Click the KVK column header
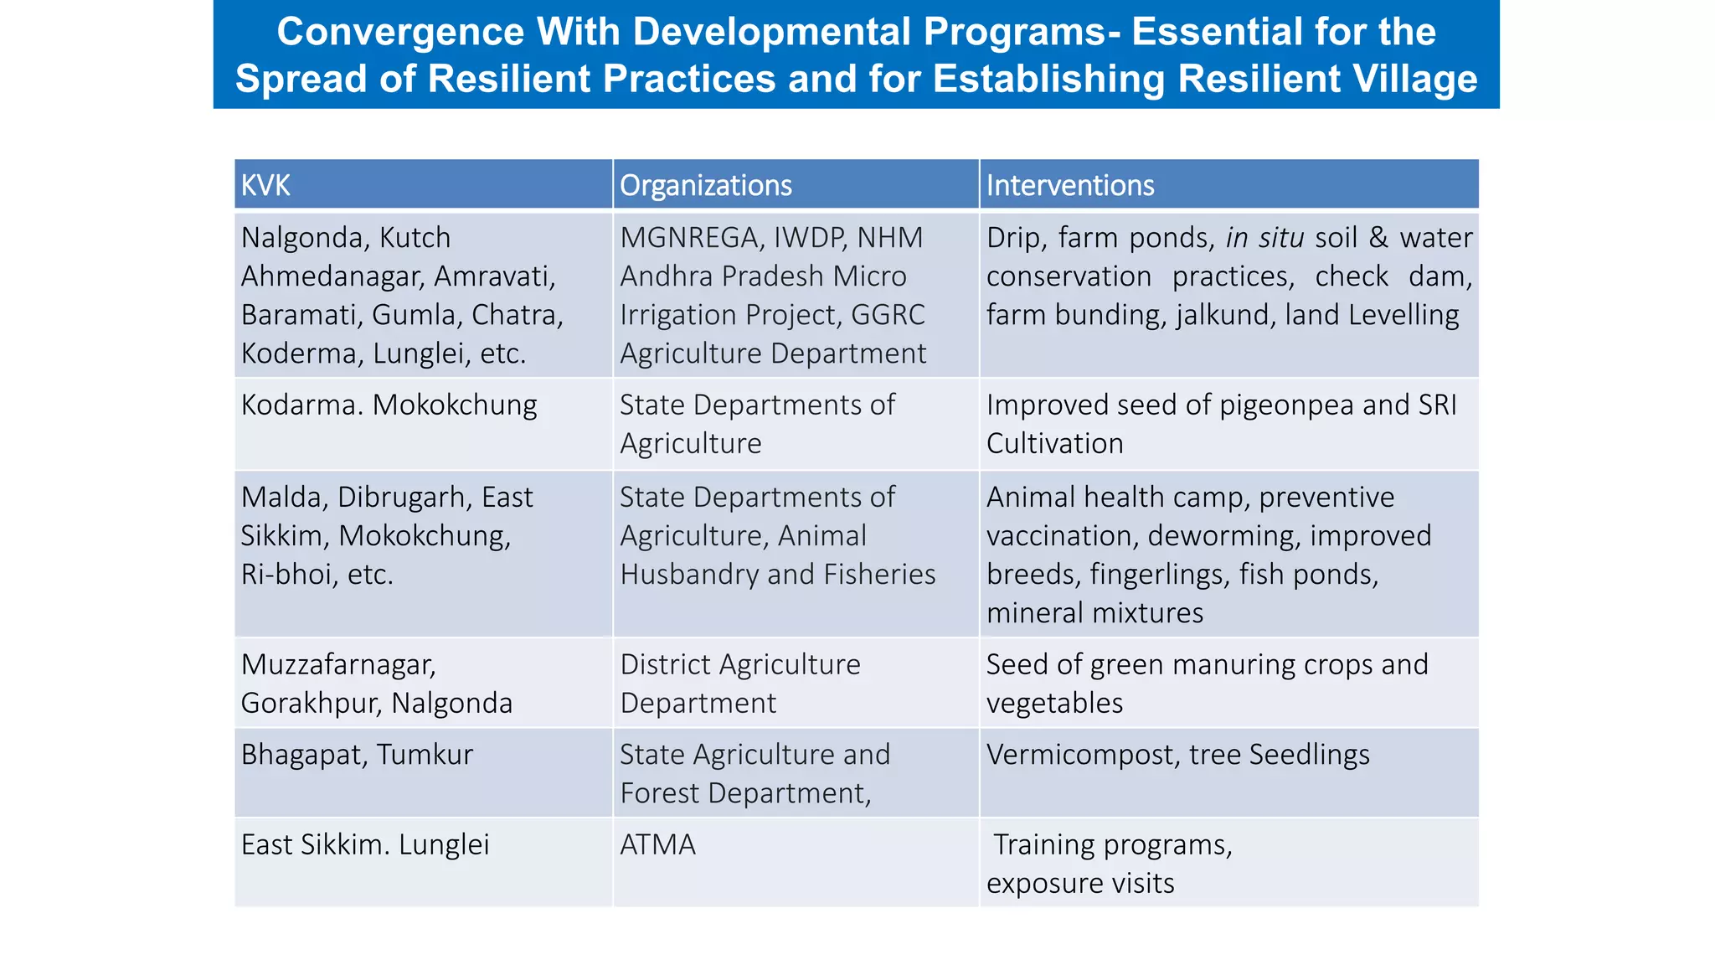265,185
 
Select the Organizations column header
705,185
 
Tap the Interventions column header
1069,185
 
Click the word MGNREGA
690,238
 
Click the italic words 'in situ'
1264,238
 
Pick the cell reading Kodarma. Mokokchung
389,405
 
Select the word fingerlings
1159,575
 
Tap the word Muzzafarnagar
338,665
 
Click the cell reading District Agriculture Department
739,684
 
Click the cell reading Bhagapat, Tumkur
357,755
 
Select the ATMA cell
657,845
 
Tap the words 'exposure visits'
1079,884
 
